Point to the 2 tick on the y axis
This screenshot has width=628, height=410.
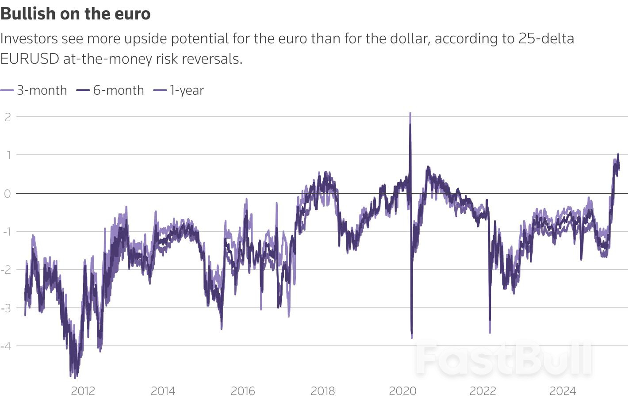click(8, 117)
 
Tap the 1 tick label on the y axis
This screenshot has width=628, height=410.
click(8, 155)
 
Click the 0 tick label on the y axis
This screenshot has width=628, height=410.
click(7, 193)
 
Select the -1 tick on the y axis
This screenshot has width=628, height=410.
click(6, 231)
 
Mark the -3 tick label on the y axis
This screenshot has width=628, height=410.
click(6, 308)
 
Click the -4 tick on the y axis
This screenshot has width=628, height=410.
click(6, 346)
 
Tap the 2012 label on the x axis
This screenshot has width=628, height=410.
click(83, 391)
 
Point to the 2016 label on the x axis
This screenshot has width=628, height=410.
click(243, 391)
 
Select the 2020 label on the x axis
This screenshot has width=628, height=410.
click(402, 391)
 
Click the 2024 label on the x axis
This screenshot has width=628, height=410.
click(563, 391)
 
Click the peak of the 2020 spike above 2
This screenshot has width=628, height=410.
click(410, 114)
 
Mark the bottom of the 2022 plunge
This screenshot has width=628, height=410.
click(490, 332)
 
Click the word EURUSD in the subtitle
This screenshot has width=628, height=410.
click(30, 59)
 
